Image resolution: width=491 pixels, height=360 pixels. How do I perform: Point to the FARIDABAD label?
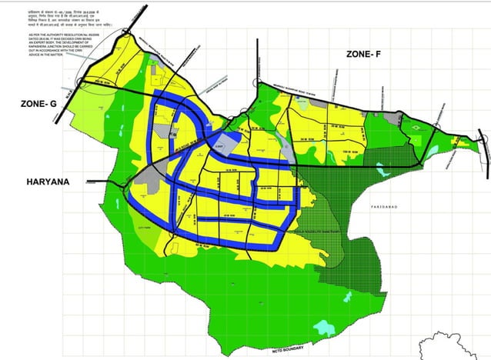coord(382,208)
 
